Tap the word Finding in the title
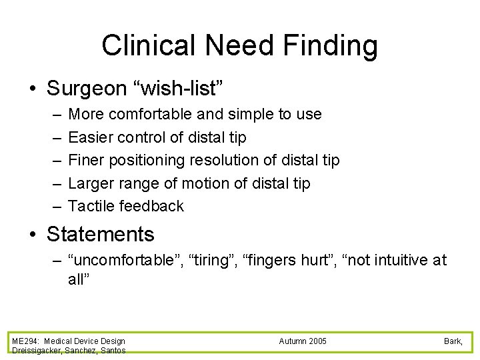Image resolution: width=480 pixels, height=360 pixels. pyautogui.click(x=331, y=46)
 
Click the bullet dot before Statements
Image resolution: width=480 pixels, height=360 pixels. pyautogui.click(x=33, y=235)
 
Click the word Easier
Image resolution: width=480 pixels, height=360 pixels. pyautogui.click(x=91, y=137)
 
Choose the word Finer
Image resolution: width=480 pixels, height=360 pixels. pyautogui.click(x=86, y=160)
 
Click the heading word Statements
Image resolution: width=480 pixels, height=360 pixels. pyautogui.click(x=100, y=235)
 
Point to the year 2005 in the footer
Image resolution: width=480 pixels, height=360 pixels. pyautogui.click(x=316, y=341)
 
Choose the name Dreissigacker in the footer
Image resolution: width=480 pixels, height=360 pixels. pyautogui.click(x=37, y=351)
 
